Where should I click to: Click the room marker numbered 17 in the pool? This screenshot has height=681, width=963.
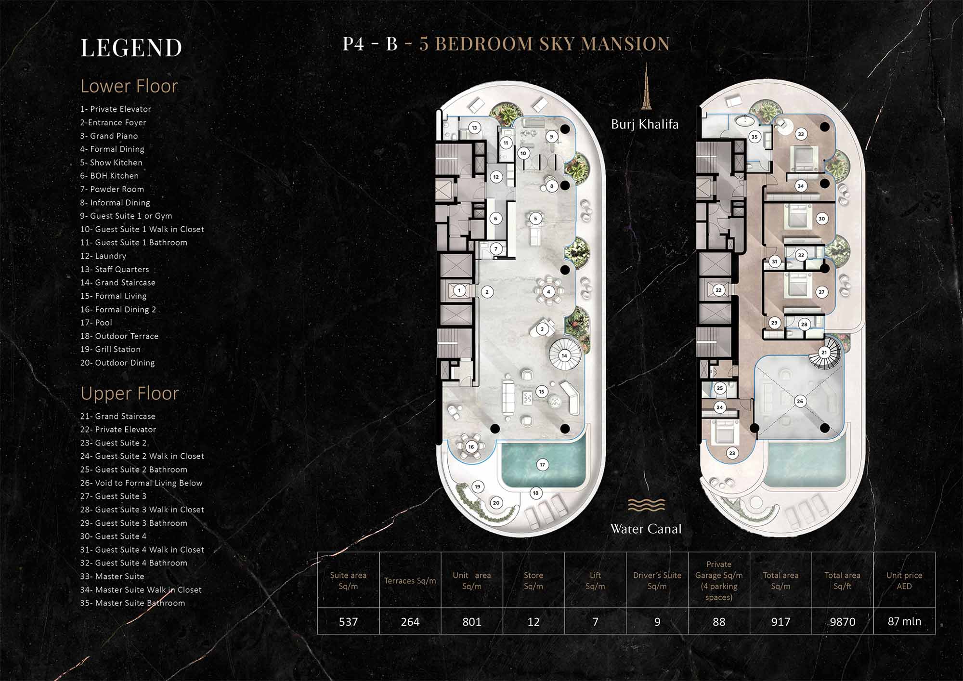(542, 465)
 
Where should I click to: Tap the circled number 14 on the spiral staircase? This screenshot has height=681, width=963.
(564, 356)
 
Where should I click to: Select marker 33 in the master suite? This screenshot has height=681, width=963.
(801, 134)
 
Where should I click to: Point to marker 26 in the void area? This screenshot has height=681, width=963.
(800, 401)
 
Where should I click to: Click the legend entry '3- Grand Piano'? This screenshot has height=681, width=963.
(109, 136)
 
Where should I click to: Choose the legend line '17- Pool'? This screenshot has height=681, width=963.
(96, 323)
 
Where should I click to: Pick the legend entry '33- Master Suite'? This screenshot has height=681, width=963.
(112, 576)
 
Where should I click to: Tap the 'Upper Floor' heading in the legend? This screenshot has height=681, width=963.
(130, 393)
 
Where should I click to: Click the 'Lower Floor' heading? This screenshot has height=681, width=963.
(129, 86)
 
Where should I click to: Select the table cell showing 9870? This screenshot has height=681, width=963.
(842, 622)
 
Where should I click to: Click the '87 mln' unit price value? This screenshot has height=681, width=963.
(904, 621)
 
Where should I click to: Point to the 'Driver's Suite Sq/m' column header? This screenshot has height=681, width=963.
(657, 581)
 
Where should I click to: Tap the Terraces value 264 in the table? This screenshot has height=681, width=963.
(410, 622)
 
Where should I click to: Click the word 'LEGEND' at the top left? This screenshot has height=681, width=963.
(131, 48)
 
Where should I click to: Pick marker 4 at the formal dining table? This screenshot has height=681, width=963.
(548, 292)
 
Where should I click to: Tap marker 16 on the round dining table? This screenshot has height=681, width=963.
(471, 447)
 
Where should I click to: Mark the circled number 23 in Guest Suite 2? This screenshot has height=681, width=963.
(732, 453)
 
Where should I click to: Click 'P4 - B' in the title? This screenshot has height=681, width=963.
(370, 44)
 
